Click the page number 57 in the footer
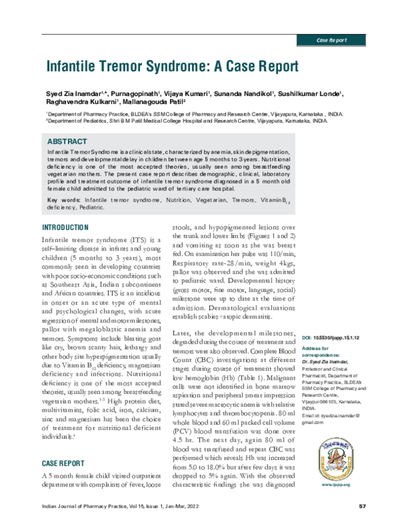[x=362, y=508]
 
